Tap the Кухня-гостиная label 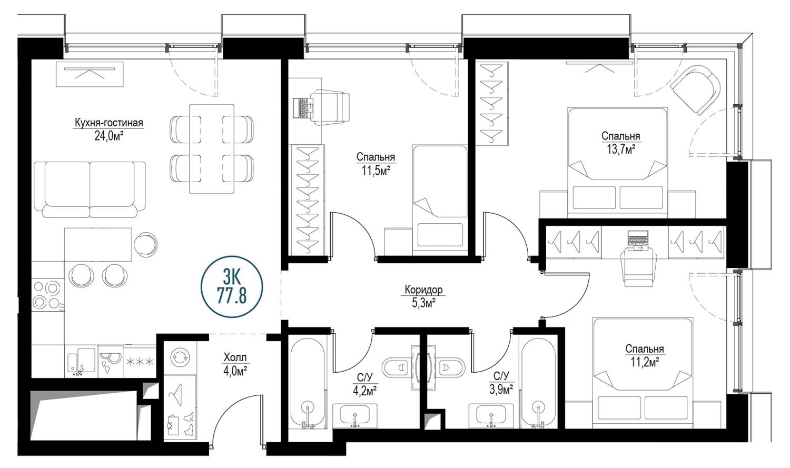tap(108, 123)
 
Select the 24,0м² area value tap(108, 136)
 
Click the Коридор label tap(423, 290)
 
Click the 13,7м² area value tap(621, 150)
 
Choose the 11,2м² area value tap(645, 362)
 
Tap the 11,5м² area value tap(376, 171)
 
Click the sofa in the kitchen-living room tap(90, 190)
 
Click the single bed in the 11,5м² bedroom tap(440, 200)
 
